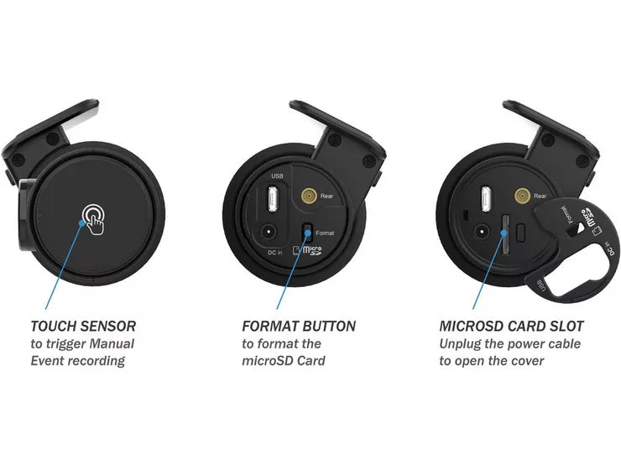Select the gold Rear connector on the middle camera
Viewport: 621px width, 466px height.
[x=307, y=196]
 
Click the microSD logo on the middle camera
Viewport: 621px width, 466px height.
[x=307, y=249]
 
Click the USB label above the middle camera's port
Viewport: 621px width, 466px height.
[x=277, y=176]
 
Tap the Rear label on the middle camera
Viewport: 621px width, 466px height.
[x=327, y=197]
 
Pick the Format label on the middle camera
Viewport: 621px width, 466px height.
[x=326, y=233]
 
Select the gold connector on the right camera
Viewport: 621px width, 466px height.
[x=521, y=196]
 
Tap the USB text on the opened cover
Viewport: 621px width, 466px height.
[x=540, y=288]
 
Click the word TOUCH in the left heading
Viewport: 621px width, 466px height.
[x=55, y=325]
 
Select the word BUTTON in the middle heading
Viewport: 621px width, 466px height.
[x=326, y=326]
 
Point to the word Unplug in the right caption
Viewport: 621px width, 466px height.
[x=461, y=343]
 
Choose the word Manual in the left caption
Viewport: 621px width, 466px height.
[x=112, y=343]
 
